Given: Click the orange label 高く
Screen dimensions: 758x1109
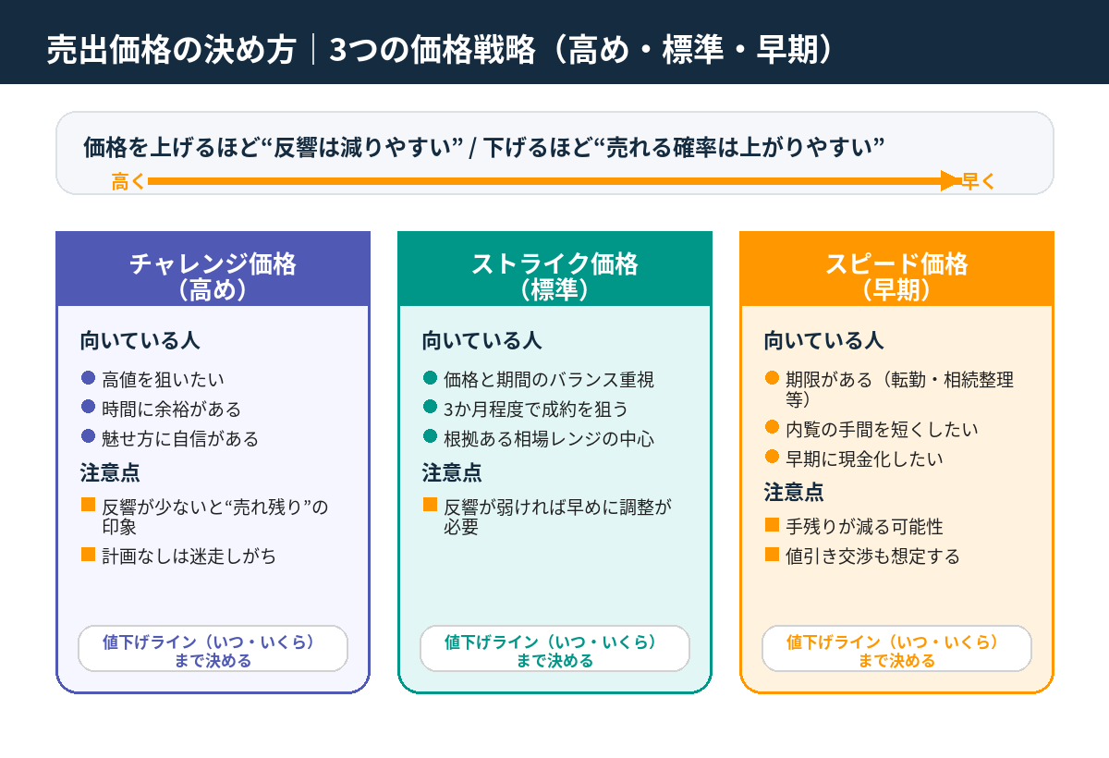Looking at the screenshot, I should pyautogui.click(x=128, y=182).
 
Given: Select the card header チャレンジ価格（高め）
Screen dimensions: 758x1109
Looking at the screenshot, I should pyautogui.click(x=213, y=275).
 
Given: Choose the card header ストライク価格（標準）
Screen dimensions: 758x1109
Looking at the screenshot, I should pyautogui.click(x=554, y=275).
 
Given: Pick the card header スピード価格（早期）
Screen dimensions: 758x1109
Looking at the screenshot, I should pyautogui.click(x=896, y=275).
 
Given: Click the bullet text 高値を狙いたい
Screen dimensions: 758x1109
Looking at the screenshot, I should pyautogui.click(x=163, y=379).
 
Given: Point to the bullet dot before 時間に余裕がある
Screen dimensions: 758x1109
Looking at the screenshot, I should pyautogui.click(x=89, y=408).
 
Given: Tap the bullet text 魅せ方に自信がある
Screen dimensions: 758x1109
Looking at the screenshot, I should pyautogui.click(x=180, y=438).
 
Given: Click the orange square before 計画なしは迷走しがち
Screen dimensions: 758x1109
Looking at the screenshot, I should pyautogui.click(x=89, y=555).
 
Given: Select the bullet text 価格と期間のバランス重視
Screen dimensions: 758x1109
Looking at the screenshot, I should pyautogui.click(x=549, y=379).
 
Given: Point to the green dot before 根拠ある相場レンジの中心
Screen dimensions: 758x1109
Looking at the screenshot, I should pyautogui.click(x=431, y=437).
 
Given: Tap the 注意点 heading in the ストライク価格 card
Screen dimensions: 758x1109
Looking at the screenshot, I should pyautogui.click(x=452, y=472).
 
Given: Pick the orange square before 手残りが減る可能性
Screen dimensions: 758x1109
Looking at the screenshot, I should pyautogui.click(x=773, y=525).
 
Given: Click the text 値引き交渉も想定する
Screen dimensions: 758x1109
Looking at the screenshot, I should pyautogui.click(x=872, y=556).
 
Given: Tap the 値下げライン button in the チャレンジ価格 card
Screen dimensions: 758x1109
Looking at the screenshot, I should pyautogui.click(x=213, y=649).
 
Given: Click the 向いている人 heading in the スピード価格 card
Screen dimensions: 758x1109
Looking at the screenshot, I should pyautogui.click(x=823, y=340).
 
